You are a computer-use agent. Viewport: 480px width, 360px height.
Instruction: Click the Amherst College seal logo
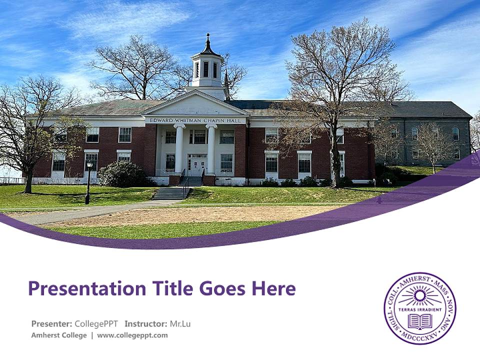click(419, 308)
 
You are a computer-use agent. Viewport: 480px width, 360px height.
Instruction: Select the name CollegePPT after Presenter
click(96, 323)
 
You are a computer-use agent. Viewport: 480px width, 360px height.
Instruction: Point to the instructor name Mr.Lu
click(180, 323)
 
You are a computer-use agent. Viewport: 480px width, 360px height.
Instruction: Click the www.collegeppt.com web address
click(132, 335)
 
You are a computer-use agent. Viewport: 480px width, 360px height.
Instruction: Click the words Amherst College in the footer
click(59, 335)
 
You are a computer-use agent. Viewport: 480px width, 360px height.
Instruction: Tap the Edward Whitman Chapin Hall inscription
click(195, 120)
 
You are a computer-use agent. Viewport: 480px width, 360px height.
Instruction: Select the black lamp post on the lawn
click(88, 182)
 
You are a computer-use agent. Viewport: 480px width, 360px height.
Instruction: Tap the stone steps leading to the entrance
click(171, 193)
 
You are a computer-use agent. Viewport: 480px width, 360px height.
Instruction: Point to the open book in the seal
click(419, 321)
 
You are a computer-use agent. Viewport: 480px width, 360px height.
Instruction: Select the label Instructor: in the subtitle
click(145, 323)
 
